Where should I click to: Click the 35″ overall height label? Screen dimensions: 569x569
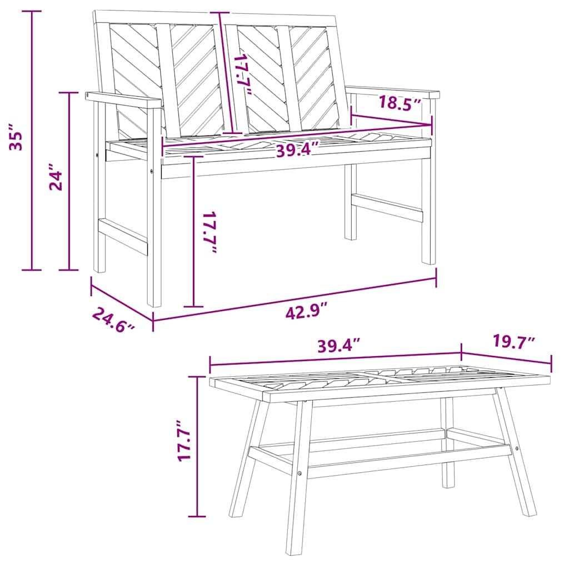17,137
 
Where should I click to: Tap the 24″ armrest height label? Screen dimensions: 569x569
56,177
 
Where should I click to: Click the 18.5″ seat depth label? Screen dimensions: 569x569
400,103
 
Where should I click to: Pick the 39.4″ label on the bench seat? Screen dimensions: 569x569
297,149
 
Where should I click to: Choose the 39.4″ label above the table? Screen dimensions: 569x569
339,345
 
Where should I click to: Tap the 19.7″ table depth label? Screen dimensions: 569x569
514,342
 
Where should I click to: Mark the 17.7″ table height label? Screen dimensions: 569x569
184,441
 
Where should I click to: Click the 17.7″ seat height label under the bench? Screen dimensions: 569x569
209,232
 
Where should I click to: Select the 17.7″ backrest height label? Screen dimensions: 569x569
242,74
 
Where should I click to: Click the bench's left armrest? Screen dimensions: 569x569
123,100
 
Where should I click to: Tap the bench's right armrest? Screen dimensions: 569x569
392,92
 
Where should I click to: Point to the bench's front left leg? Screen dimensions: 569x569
154,207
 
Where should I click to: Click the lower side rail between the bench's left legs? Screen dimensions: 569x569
123,236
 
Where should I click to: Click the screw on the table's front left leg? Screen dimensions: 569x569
300,473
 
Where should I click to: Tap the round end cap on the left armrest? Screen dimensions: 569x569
88,95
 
